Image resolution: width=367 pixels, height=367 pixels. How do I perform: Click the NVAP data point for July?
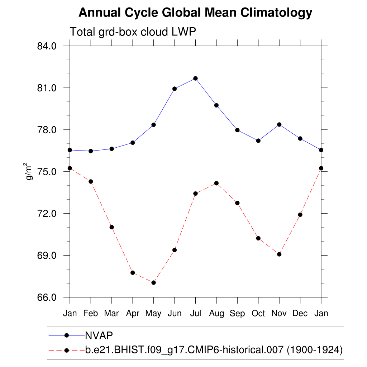click(195, 78)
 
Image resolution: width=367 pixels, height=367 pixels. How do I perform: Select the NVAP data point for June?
click(175, 89)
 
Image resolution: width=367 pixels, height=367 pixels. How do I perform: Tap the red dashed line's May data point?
click(153, 283)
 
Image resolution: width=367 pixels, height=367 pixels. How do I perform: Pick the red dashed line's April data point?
click(133, 273)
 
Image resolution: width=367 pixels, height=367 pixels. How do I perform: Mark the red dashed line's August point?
click(216, 183)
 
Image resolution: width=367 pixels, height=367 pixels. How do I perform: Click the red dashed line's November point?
click(279, 254)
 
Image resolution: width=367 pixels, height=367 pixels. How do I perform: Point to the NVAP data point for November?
click(279, 124)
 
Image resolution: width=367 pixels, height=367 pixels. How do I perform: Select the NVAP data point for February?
click(91, 151)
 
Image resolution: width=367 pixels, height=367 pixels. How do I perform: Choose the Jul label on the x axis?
click(195, 313)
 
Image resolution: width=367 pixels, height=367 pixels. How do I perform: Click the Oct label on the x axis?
click(258, 313)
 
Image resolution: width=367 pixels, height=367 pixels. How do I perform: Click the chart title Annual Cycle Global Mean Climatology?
click(195, 13)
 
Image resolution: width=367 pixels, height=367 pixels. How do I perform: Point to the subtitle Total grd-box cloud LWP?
click(133, 32)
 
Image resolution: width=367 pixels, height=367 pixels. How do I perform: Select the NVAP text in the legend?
click(99, 335)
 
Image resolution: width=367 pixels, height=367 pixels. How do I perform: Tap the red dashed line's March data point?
click(112, 227)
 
